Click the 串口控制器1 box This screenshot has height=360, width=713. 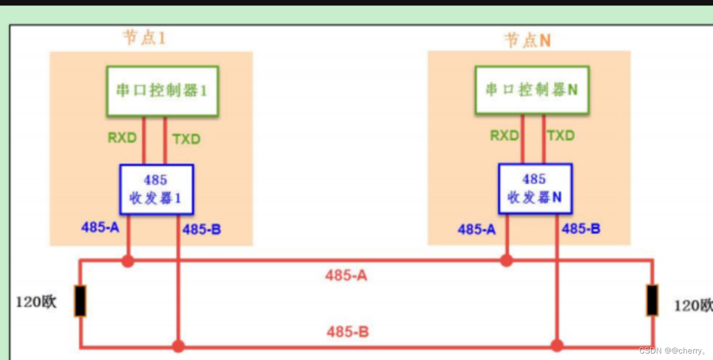coord(162,91)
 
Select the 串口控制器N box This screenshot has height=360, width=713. coord(532,90)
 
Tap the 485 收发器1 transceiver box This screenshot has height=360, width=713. coord(156,189)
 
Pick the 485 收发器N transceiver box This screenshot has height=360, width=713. coord(535,189)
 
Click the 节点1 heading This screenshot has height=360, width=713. coord(143,38)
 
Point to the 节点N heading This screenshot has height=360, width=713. coord(527,40)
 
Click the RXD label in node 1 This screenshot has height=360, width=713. coord(122,138)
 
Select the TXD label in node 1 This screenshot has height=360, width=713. coord(186,139)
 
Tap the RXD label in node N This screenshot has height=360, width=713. coord(504,136)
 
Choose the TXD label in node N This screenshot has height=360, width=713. coord(561,136)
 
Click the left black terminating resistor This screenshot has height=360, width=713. coord(80,301)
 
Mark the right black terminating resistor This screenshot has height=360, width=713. coord(652,300)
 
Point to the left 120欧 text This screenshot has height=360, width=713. coord(36,303)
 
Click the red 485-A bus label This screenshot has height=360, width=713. coord(346,276)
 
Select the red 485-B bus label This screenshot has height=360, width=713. coord(348,332)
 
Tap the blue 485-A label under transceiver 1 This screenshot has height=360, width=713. coord(100,227)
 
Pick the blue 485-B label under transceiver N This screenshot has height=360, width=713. coord(581,229)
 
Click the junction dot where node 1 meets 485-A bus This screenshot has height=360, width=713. coord(127,261)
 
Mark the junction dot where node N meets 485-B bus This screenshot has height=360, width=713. coord(557,345)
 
